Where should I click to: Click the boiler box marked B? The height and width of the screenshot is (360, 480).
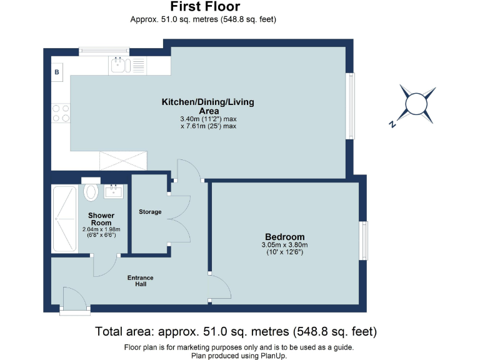(x=57, y=72)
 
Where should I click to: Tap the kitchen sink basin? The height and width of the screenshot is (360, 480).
(x=118, y=65)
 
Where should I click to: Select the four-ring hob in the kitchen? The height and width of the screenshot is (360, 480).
(x=61, y=113)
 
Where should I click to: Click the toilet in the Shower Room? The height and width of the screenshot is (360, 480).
(x=91, y=189)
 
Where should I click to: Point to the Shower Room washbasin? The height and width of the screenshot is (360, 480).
(x=114, y=191)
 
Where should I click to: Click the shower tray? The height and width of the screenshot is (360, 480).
(x=64, y=219)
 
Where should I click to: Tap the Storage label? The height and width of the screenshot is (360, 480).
(x=150, y=212)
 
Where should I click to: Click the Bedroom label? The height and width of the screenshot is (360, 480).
(x=285, y=237)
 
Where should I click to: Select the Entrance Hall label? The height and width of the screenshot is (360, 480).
(x=141, y=281)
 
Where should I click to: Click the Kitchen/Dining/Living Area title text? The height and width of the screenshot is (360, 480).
(x=208, y=106)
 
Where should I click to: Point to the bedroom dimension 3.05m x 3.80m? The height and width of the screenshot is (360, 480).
(x=285, y=245)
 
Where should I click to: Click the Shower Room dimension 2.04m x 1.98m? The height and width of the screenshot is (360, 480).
(x=101, y=229)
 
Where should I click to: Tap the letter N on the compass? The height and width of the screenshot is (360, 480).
(x=392, y=124)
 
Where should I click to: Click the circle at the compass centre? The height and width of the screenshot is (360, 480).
(x=416, y=104)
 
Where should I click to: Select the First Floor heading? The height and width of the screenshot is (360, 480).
(x=205, y=6)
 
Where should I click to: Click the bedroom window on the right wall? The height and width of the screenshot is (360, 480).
(x=363, y=241)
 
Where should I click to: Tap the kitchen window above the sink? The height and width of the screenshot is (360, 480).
(x=104, y=51)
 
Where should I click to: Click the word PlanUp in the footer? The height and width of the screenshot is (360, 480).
(x=273, y=356)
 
